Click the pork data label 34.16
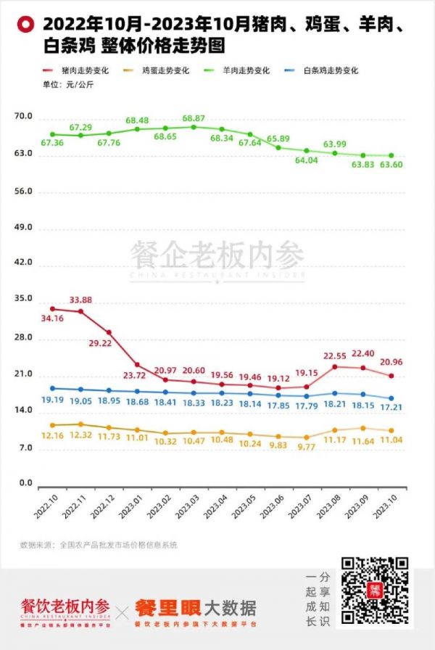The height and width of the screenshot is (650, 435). pos(53,318)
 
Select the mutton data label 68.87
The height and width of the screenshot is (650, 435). pos(194,118)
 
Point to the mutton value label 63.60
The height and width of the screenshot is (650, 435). pos(392,165)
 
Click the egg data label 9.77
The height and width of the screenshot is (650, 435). pos(307,448)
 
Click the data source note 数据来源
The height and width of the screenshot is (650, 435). pos(99,545)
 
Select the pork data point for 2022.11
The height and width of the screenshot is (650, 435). pos(80,311)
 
